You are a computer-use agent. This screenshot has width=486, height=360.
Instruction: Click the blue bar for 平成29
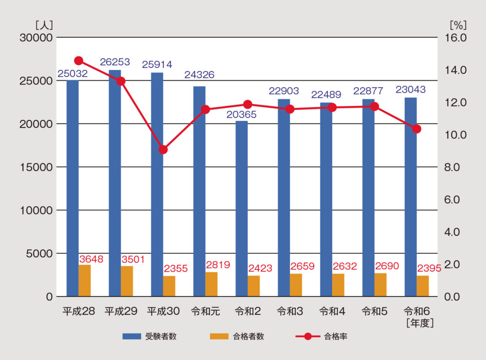[115, 183]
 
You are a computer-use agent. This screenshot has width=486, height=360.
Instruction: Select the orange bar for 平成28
[84, 281]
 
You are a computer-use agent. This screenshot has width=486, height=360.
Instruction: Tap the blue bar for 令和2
[242, 209]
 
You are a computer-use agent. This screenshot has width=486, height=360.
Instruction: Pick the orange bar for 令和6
[423, 286]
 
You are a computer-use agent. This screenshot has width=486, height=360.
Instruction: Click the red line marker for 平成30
[163, 149]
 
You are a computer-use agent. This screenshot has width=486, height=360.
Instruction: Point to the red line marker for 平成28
[79, 61]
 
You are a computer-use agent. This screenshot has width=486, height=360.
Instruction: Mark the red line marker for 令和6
[417, 129]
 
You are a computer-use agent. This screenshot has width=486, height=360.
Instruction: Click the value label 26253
[115, 62]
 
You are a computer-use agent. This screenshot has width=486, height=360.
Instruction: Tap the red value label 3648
[92, 259]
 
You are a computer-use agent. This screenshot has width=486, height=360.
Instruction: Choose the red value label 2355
[176, 269]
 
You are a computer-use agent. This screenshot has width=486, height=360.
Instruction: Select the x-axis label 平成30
[163, 312]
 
